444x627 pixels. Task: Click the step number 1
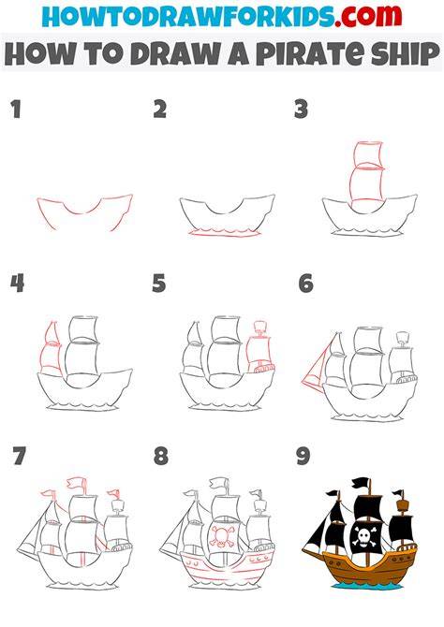(16, 109)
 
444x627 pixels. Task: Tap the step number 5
(159, 283)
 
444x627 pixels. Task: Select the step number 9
(303, 456)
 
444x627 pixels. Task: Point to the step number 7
(19, 456)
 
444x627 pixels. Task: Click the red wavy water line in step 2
(225, 233)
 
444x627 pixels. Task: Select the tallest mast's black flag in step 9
(361, 484)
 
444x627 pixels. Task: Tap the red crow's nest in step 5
(260, 327)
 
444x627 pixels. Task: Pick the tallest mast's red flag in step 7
(76, 484)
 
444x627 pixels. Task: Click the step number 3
(301, 109)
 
